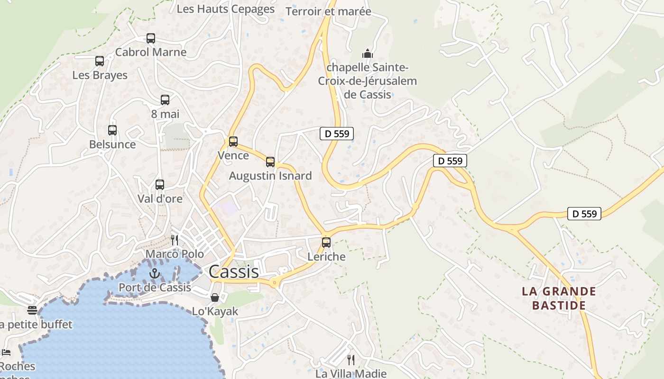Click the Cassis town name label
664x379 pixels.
[x=234, y=271]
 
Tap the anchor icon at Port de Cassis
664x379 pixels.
[x=154, y=273]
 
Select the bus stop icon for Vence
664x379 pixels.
[x=233, y=142]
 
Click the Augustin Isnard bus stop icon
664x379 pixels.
[x=270, y=162]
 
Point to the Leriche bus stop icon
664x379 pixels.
[x=326, y=243]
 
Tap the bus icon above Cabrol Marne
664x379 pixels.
[x=151, y=38]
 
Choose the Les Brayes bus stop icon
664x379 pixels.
[x=100, y=61]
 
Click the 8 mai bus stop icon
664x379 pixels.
[x=165, y=100]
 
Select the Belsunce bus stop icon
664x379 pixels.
[x=112, y=130]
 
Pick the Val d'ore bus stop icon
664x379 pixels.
[x=160, y=185]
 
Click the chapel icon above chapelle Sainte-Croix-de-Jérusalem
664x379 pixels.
[x=367, y=53]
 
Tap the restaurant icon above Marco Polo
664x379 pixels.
[x=175, y=240]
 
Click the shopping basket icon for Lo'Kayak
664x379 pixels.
[x=215, y=298]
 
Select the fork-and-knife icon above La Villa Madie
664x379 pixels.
[x=351, y=360]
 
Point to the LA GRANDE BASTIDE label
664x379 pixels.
[x=559, y=298]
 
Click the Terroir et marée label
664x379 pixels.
[x=328, y=11]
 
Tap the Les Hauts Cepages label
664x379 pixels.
[x=225, y=9]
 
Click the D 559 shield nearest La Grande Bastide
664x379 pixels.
[x=584, y=214]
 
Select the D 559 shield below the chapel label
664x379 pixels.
[x=337, y=134]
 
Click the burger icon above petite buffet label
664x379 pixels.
[x=32, y=310]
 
